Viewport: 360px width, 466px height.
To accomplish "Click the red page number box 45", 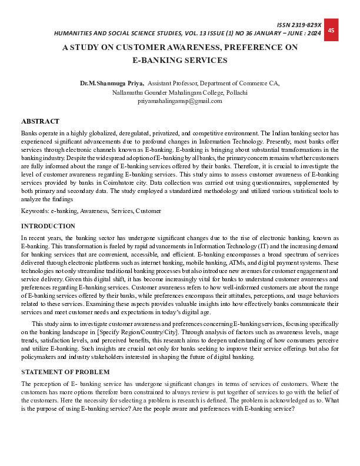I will pyautogui.click(x=331, y=30).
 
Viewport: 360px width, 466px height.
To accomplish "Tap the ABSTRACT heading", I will pyautogui.click(x=40, y=121).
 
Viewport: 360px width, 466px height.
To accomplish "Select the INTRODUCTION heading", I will pyautogui.click(x=48, y=226).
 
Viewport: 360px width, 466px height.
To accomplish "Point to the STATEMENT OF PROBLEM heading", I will pyautogui.click(x=65, y=372).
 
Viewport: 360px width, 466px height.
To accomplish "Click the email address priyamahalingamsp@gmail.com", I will pyautogui.click(x=179, y=101).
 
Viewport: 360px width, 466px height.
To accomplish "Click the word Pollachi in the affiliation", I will pyautogui.click(x=234, y=92).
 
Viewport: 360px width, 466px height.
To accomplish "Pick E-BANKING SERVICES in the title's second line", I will pyautogui.click(x=179, y=60).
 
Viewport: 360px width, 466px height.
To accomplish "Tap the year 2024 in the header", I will pyautogui.click(x=314, y=34).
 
